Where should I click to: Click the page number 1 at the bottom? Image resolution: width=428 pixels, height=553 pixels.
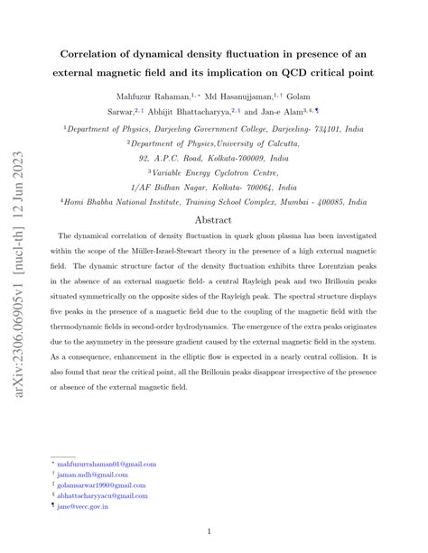pyautogui.click(x=209, y=532)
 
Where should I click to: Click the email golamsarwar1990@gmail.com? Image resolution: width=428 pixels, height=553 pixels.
pyautogui.click(x=101, y=484)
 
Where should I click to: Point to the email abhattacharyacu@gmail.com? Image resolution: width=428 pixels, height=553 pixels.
pyautogui.click(x=101, y=495)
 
